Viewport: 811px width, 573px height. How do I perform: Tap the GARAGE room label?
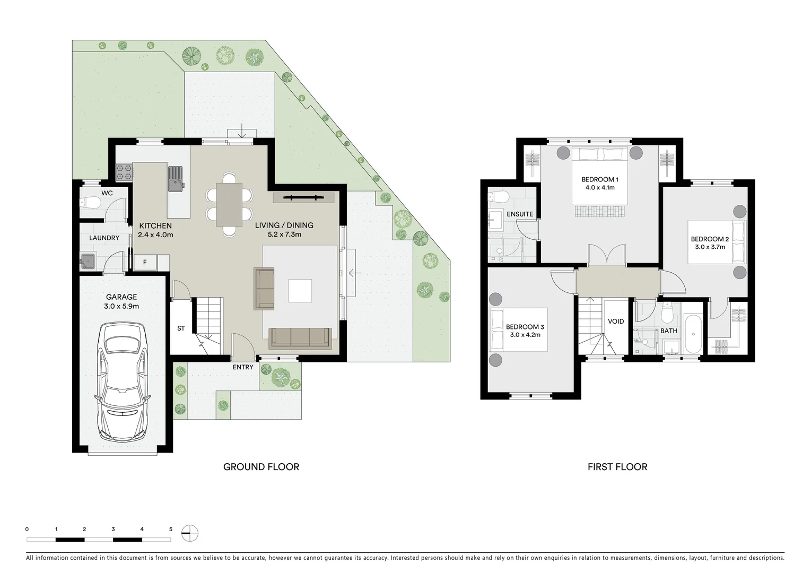point(121,297)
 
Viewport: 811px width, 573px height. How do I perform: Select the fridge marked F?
point(145,262)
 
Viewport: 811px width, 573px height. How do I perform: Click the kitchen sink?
point(176,179)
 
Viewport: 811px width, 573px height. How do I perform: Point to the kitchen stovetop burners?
point(124,172)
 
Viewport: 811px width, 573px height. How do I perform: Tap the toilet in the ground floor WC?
point(90,203)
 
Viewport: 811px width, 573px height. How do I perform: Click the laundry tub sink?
point(88,261)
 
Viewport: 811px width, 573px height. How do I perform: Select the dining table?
point(229,205)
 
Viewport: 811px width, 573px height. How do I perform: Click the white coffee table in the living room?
point(300,291)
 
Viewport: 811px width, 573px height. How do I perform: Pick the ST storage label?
point(181,328)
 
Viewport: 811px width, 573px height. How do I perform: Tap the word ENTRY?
point(243,367)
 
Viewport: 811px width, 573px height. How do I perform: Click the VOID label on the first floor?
point(616,322)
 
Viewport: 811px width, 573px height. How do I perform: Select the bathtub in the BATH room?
point(693,334)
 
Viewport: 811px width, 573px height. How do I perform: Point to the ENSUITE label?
point(520,214)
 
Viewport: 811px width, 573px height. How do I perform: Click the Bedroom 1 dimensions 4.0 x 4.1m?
point(600,188)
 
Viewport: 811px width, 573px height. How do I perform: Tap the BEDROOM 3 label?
point(525,327)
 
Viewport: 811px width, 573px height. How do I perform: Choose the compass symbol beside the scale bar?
point(190,533)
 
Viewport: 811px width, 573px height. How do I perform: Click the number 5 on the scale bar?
point(171,529)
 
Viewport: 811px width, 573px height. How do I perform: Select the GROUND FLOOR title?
point(261,467)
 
